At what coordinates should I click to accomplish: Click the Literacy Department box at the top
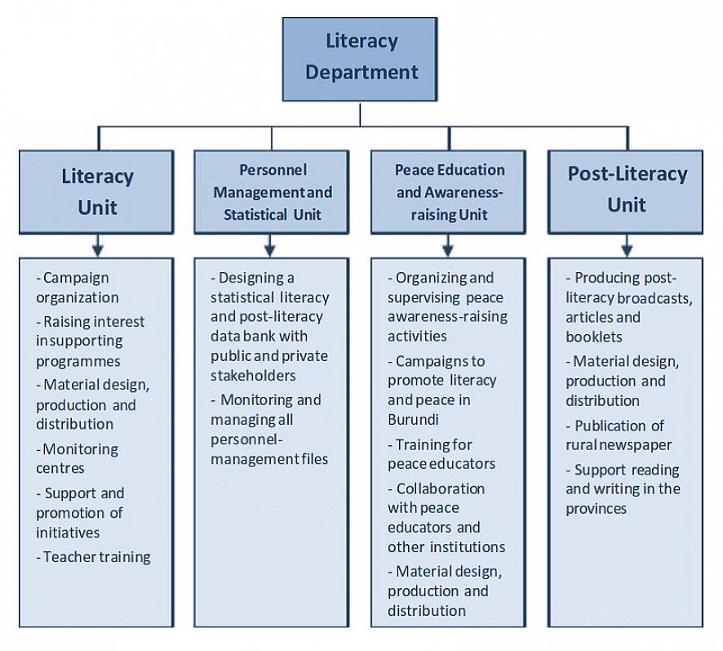(361, 57)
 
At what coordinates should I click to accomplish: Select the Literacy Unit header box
(97, 191)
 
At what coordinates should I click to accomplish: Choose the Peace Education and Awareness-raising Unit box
(449, 192)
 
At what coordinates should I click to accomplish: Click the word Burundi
(414, 420)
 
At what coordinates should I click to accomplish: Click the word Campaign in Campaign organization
(76, 278)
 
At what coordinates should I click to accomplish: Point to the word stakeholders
(253, 376)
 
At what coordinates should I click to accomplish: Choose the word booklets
(594, 337)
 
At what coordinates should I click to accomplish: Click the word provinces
(597, 508)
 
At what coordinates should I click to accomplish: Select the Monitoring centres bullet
(78, 458)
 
